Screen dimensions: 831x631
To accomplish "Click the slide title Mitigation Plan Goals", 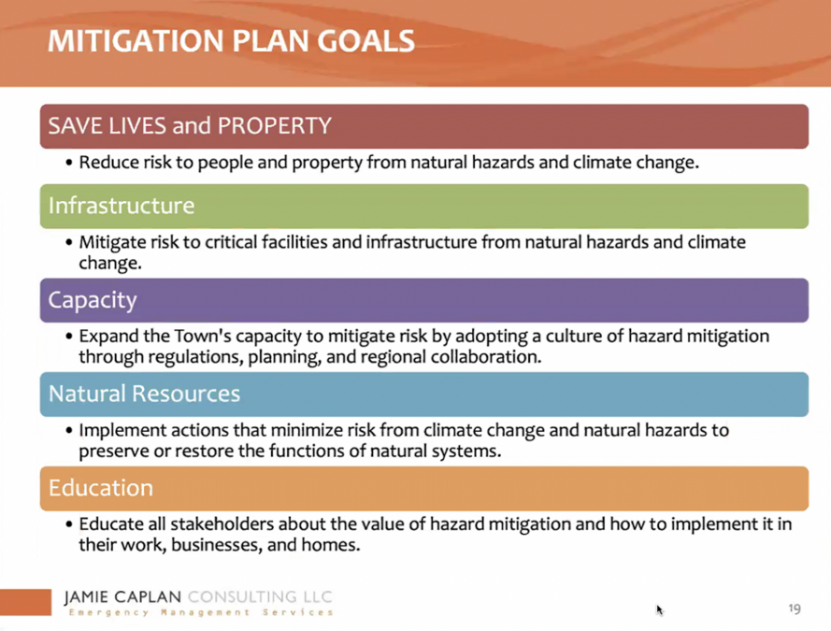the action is [x=231, y=41].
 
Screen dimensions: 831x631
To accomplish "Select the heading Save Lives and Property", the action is [x=190, y=126].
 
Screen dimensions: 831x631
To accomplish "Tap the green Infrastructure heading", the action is [x=122, y=206].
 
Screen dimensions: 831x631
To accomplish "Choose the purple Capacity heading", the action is [x=93, y=300].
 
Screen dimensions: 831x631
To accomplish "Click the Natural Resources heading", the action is [x=144, y=394].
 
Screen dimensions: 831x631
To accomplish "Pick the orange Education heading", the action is [x=101, y=487].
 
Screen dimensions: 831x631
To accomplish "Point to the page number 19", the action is [x=795, y=609].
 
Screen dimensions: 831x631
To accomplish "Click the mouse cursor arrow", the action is [x=659, y=609].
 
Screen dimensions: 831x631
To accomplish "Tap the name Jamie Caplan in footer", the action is [x=123, y=597].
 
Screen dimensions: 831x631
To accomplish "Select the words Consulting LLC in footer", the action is [x=260, y=597].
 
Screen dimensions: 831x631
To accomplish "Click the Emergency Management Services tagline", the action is [x=201, y=612].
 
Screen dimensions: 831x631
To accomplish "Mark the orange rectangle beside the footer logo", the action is [x=25, y=602].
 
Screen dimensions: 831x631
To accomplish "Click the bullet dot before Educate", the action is [x=69, y=524].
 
